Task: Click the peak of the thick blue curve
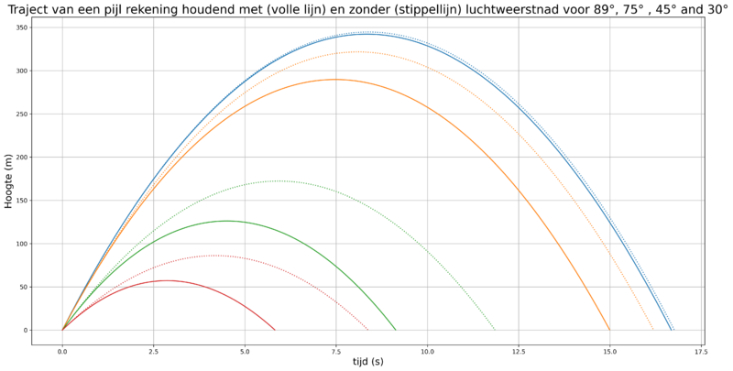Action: click(x=368, y=33)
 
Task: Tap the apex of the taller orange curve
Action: click(x=357, y=51)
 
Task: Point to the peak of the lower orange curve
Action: click(x=335, y=80)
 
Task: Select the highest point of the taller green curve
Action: click(x=278, y=180)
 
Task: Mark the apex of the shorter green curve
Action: click(x=228, y=221)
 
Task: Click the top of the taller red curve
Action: click(x=215, y=256)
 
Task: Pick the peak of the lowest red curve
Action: click(x=169, y=280)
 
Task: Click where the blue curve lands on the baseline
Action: click(x=673, y=329)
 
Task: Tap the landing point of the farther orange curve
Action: click(x=653, y=329)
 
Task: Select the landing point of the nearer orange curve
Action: click(x=609, y=329)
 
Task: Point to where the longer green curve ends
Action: click(x=495, y=329)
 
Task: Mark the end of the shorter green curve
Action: click(x=396, y=329)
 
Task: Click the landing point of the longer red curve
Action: click(x=369, y=329)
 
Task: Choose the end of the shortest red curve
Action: click(x=275, y=329)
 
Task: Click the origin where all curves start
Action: click(x=62, y=330)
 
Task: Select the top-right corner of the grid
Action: click(x=701, y=27)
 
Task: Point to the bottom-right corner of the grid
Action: click(x=701, y=330)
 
